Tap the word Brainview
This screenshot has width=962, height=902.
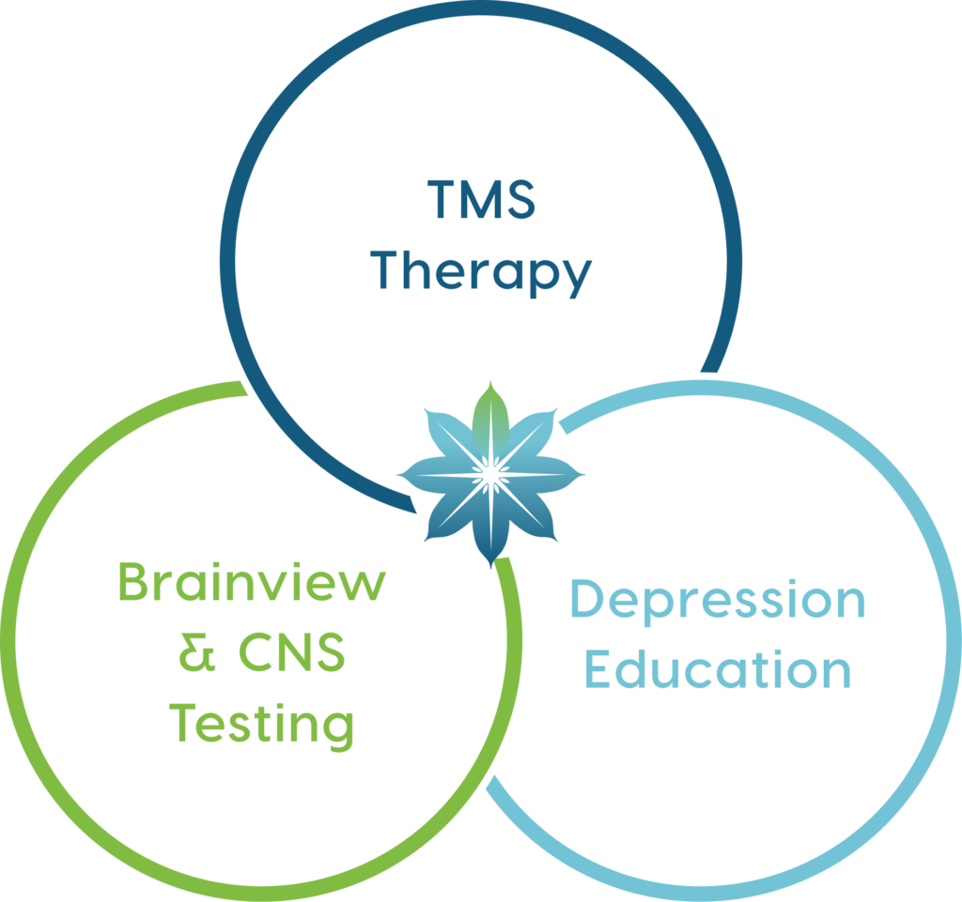coord(252,585)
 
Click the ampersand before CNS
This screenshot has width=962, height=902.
coord(194,654)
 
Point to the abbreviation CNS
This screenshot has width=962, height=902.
coord(292,654)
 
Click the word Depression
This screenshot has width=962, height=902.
coord(718,601)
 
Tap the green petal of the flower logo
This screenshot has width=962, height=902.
coord(488,418)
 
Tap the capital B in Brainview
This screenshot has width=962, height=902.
coord(133,585)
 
